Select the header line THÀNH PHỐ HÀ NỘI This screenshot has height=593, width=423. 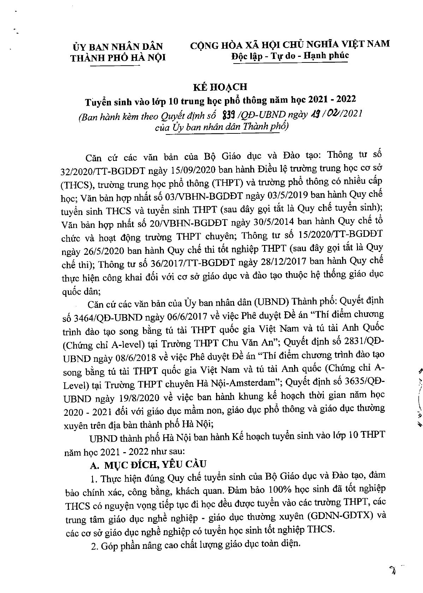point(118,58)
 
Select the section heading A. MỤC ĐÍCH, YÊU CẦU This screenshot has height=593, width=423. point(148,465)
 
